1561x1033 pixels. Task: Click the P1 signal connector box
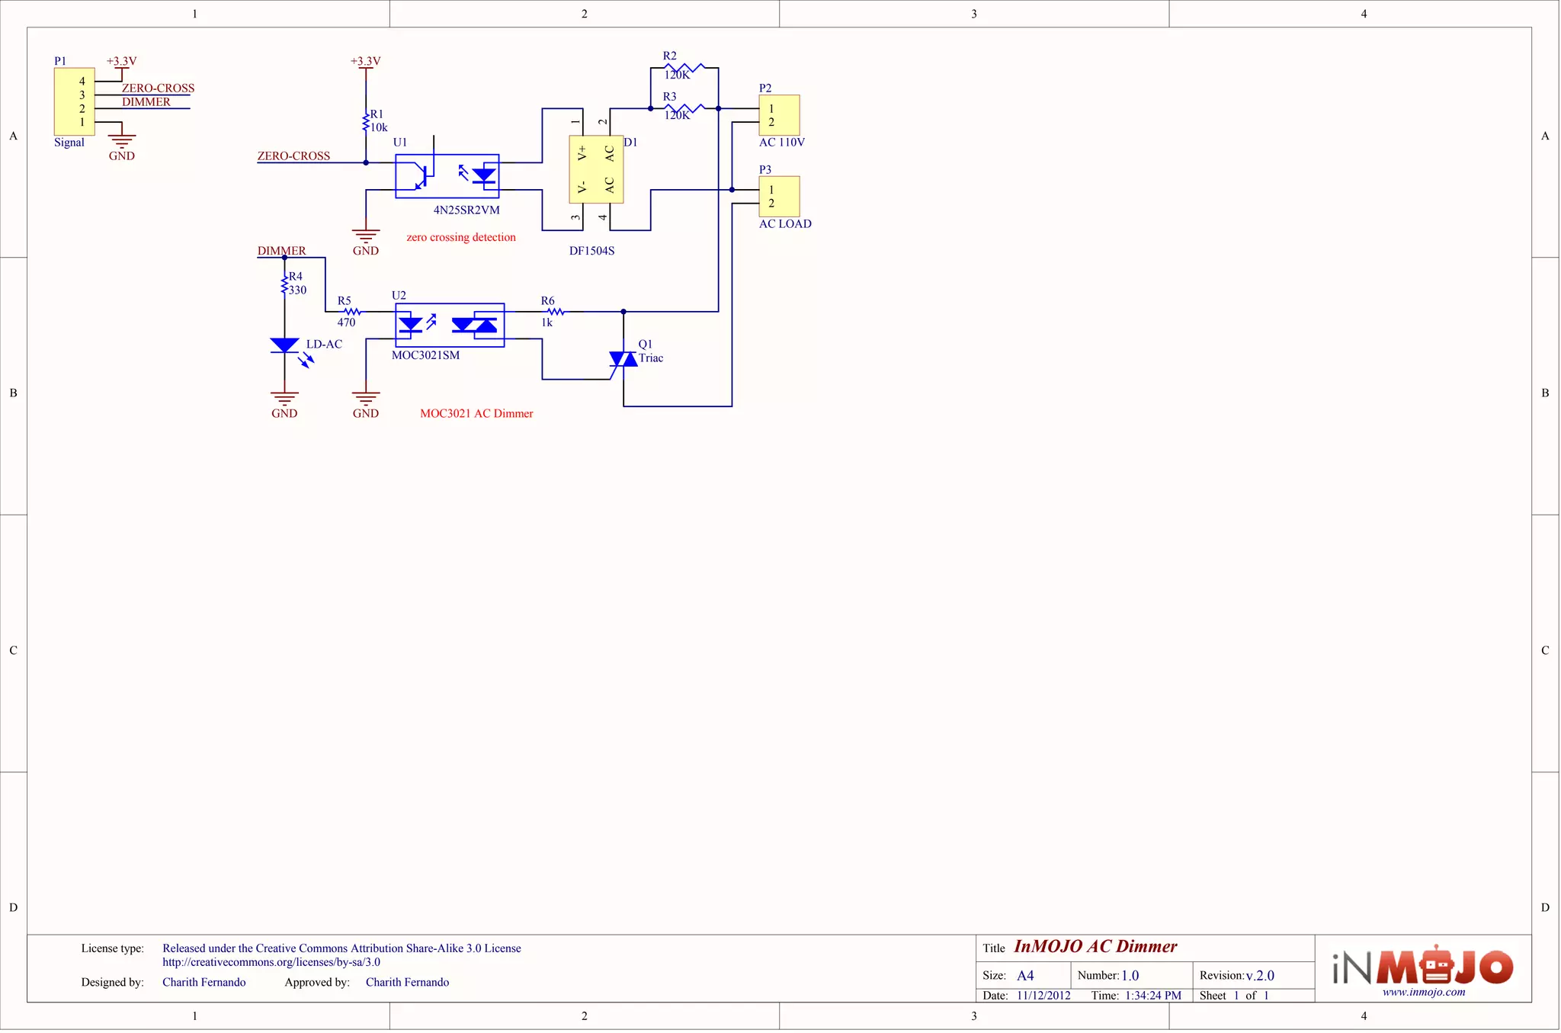[x=74, y=101]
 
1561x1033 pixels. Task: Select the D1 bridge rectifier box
[x=596, y=169]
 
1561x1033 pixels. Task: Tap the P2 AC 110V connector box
[x=779, y=115]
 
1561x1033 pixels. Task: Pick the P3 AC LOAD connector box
[x=779, y=196]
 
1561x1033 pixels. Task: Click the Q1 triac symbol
[x=623, y=359]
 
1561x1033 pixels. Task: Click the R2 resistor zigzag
[x=684, y=68]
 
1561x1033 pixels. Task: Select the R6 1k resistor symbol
[x=556, y=312]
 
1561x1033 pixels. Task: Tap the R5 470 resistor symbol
[x=352, y=312]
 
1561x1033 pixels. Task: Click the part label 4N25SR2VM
[x=466, y=210]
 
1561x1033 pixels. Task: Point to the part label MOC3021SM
[x=425, y=355]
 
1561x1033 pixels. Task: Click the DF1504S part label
[x=591, y=251]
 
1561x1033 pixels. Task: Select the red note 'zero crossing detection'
[x=461, y=238]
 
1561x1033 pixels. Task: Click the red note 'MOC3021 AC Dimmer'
[x=476, y=414]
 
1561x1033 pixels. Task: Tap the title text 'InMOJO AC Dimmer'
[x=1095, y=947]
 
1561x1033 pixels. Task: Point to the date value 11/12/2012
[x=1043, y=996]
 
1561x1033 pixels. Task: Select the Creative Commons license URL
[x=271, y=962]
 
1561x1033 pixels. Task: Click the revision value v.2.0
[x=1260, y=976]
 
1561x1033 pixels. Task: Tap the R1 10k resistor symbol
[x=366, y=122]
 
